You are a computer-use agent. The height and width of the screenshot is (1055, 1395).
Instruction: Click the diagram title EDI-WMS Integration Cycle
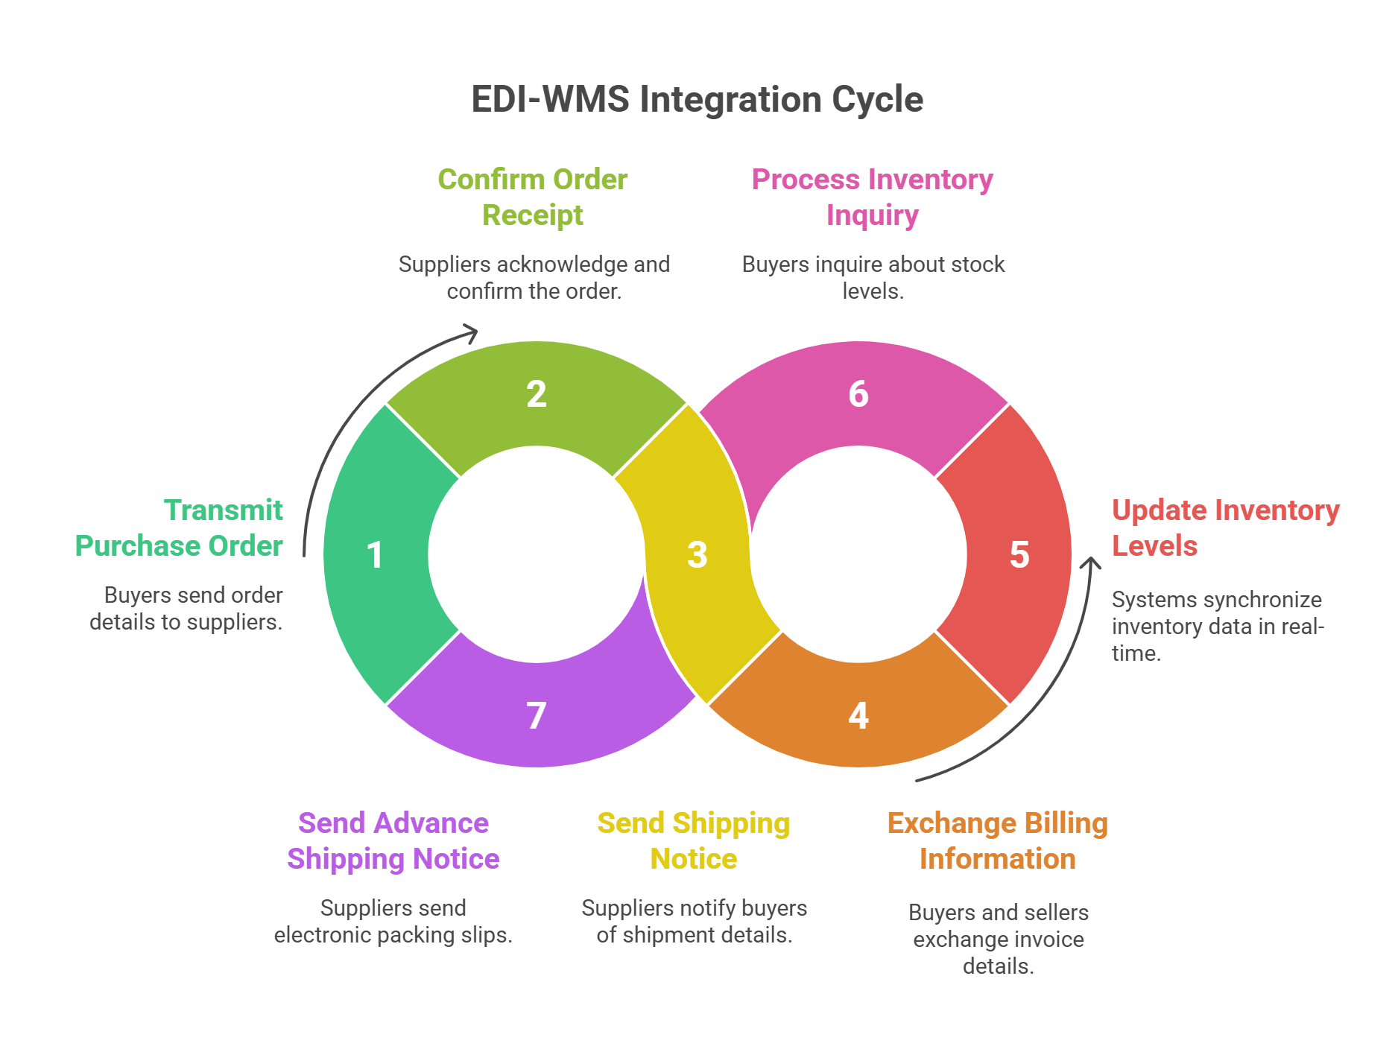(697, 100)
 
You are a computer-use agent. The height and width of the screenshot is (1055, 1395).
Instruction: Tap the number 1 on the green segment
(375, 555)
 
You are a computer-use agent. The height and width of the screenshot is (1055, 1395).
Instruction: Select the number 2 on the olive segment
(537, 394)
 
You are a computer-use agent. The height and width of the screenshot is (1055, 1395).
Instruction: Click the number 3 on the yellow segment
(697, 555)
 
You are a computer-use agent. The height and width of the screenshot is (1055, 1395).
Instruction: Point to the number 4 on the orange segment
(858, 716)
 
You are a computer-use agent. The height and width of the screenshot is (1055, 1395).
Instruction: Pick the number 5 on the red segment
(1019, 555)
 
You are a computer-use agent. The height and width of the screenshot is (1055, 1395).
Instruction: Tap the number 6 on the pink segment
(858, 394)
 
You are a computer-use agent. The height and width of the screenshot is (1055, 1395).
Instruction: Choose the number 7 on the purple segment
(537, 716)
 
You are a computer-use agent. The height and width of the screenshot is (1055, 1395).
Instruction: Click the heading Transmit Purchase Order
(179, 528)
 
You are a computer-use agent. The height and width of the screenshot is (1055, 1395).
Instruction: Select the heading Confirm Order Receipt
(533, 197)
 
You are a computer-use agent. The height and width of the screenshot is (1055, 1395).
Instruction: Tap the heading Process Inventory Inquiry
(872, 197)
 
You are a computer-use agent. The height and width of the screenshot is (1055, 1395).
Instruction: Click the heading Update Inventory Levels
(1225, 528)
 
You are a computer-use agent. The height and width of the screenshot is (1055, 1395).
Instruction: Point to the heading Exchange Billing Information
(997, 841)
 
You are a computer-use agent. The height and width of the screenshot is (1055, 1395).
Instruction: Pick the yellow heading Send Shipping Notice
(694, 841)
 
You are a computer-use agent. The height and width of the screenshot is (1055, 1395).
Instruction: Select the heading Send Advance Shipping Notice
(393, 841)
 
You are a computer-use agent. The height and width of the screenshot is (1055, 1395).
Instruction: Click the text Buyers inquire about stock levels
(873, 278)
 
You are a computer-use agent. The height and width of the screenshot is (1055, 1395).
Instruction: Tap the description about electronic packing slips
(393, 922)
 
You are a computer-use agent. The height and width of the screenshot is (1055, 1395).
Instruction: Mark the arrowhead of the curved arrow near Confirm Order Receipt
(470, 332)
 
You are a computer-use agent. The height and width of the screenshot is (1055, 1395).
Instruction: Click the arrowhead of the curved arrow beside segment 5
(1092, 563)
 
